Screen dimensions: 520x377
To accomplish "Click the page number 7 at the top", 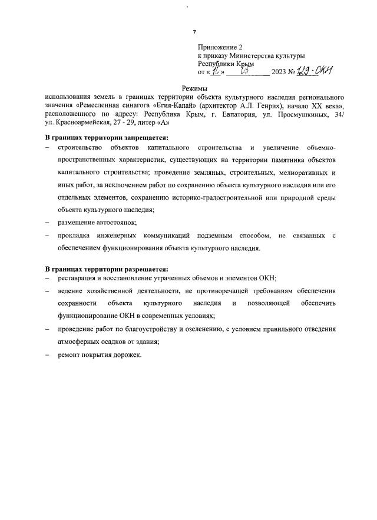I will [195, 31].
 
